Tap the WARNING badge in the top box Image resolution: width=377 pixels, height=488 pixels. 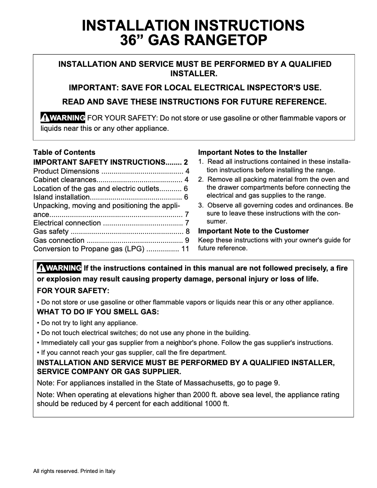(x=63, y=118)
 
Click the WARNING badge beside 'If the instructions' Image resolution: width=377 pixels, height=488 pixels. (x=59, y=268)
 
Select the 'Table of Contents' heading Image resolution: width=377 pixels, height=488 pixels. (x=64, y=152)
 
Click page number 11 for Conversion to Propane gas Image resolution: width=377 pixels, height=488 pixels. (x=185, y=249)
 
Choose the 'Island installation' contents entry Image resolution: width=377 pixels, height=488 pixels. (x=61, y=197)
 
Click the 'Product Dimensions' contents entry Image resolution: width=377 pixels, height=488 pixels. (x=66, y=171)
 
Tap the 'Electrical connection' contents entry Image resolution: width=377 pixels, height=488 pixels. (x=67, y=223)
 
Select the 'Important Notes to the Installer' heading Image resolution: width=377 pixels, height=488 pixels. (x=252, y=152)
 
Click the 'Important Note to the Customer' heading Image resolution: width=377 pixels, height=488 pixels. (x=253, y=231)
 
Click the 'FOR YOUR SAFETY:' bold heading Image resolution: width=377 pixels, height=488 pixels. (x=73, y=290)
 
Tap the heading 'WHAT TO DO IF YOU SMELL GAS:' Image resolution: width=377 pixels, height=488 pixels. (x=98, y=312)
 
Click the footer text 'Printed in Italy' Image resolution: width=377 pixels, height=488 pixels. (x=98, y=471)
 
